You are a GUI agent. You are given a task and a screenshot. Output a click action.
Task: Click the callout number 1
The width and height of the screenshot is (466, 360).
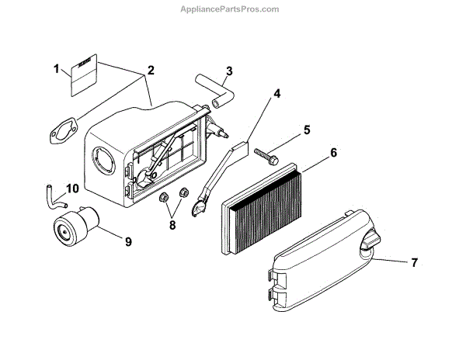coord(56,69)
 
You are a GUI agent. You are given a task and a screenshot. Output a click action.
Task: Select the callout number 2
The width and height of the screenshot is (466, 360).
coord(151,70)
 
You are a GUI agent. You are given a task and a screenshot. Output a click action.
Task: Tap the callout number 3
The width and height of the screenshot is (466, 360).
coord(228,72)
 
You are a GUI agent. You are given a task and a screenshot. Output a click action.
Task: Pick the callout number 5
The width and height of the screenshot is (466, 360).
coord(307,129)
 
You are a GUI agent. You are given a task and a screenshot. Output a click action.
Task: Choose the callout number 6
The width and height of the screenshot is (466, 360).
coord(333,153)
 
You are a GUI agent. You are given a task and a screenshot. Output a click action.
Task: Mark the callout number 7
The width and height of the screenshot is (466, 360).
coord(414,262)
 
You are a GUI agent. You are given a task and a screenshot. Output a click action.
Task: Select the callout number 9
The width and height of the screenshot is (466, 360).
coord(129,241)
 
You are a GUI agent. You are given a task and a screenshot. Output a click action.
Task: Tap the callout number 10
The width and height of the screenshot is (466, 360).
coord(72,189)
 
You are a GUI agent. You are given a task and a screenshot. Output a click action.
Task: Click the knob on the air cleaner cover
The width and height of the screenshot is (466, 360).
coord(369,247)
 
